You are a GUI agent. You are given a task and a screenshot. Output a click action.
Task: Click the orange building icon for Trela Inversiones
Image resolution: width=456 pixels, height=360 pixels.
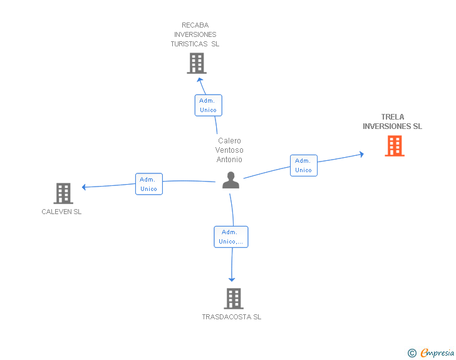[395, 146]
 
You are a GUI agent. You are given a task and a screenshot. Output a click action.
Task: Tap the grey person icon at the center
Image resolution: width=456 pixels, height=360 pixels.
[231, 180]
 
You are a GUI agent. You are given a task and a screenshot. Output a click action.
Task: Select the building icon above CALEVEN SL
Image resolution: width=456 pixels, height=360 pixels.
[63, 193]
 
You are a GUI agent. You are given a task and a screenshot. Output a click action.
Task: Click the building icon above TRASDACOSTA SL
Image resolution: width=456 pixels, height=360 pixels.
[234, 299]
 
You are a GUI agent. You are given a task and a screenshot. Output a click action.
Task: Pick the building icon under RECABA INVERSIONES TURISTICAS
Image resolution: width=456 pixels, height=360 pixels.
[197, 63]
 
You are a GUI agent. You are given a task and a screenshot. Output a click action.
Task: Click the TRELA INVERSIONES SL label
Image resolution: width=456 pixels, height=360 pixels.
[392, 121]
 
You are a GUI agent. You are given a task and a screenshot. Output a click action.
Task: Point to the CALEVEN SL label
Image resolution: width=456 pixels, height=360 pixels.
[61, 212]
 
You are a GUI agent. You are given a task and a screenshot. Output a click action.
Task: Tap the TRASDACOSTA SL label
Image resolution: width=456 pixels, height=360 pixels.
[232, 317]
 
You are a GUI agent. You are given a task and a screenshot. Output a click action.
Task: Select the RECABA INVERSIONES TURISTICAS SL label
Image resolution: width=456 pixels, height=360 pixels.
[195, 34]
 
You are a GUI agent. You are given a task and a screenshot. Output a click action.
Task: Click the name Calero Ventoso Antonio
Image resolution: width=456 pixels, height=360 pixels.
[229, 150]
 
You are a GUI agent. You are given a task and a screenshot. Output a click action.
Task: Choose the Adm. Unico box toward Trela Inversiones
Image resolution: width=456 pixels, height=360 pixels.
[304, 165]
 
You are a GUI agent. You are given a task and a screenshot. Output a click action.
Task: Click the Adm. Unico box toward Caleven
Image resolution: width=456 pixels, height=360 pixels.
[149, 184]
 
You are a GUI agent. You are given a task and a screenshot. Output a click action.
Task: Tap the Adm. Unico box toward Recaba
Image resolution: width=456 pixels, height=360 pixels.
[208, 105]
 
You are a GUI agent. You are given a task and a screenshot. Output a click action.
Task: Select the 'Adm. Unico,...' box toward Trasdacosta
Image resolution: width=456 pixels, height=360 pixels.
[231, 237]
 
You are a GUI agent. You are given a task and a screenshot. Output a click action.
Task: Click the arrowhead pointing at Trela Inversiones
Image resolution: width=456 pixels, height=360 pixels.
[361, 154]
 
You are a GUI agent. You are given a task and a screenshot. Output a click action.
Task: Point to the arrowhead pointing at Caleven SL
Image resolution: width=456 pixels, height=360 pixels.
[84, 187]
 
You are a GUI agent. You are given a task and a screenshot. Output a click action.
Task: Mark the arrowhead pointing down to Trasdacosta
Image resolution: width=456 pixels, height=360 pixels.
[232, 280]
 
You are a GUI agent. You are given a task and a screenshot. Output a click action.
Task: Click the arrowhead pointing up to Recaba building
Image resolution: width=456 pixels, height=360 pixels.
[200, 80]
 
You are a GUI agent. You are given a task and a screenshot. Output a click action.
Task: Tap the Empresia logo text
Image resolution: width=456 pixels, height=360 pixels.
[437, 352]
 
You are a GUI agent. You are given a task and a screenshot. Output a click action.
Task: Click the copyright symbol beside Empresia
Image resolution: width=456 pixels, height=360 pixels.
[412, 353]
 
